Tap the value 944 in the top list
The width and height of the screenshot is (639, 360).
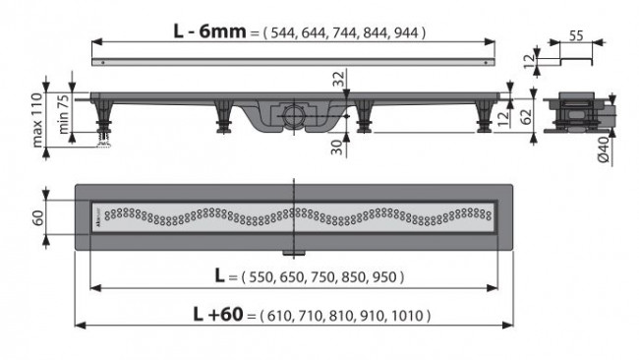[x=407, y=33]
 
